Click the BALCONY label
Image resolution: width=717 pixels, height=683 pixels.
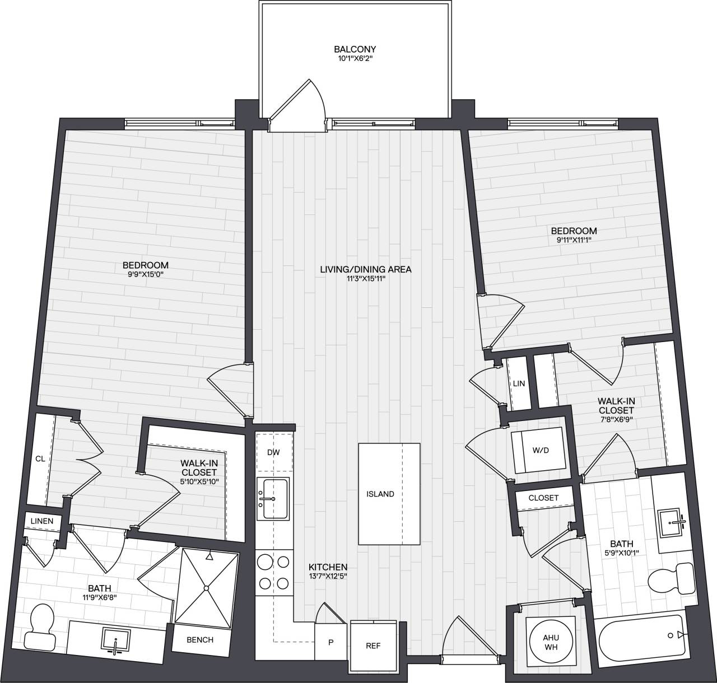pyautogui.click(x=355, y=49)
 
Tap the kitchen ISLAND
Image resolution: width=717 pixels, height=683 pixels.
pyautogui.click(x=389, y=494)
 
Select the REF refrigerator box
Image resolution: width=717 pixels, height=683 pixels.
pyautogui.click(x=373, y=645)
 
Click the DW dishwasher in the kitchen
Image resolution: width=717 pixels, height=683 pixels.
pyautogui.click(x=273, y=452)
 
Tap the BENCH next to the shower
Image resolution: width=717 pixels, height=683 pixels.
pyautogui.click(x=200, y=639)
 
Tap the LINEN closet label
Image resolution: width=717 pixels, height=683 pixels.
pyautogui.click(x=42, y=521)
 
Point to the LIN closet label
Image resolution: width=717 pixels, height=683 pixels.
pyautogui.click(x=519, y=383)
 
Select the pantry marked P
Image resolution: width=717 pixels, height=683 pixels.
pyautogui.click(x=330, y=642)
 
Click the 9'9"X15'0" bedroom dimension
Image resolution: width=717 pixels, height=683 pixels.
pyautogui.click(x=146, y=274)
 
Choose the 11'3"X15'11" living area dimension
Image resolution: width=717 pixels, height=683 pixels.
pyautogui.click(x=366, y=279)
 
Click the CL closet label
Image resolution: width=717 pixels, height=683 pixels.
pyautogui.click(x=40, y=459)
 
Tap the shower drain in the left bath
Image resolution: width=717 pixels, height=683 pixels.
pyautogui.click(x=206, y=588)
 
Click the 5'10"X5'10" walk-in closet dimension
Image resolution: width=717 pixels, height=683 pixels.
pyautogui.click(x=199, y=481)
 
